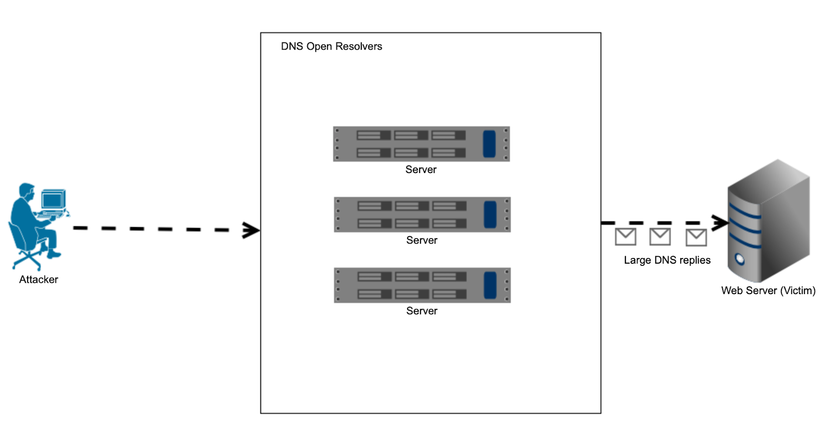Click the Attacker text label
point(38,279)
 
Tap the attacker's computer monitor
point(53,200)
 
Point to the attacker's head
point(27,190)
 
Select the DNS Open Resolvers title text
point(331,47)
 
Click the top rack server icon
point(421,144)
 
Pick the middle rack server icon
point(422,214)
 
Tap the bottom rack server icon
point(422,285)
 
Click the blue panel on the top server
point(489,144)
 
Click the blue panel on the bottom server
point(490,285)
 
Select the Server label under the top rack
point(421,170)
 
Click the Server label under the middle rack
point(421,240)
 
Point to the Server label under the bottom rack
point(421,311)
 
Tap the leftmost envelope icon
point(625,237)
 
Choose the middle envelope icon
point(660,237)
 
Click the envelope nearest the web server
point(696,238)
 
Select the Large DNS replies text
point(667,260)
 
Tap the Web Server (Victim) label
point(768,291)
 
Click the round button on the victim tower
point(739,259)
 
